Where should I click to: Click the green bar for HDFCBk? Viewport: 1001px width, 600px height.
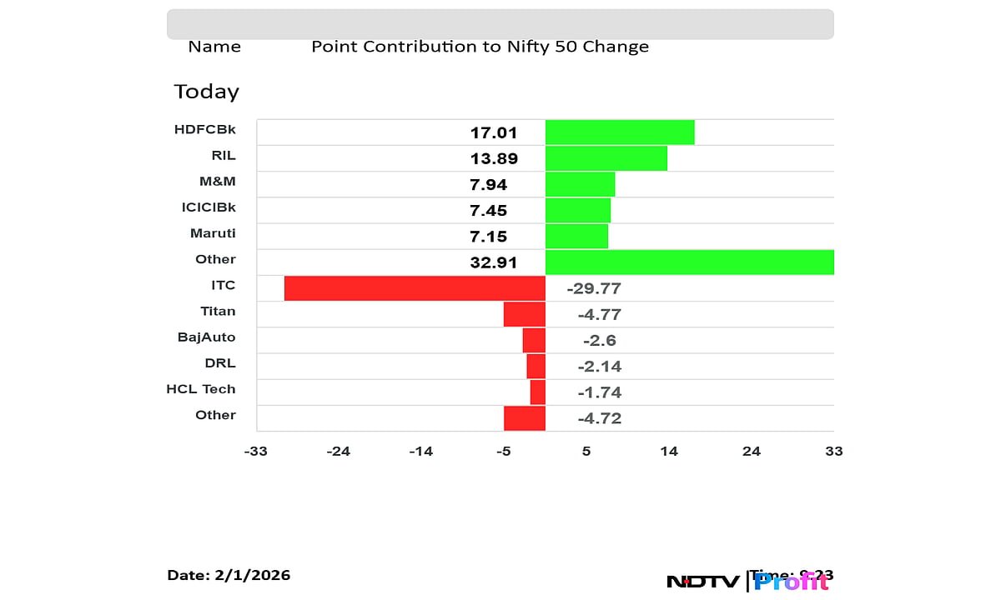pos(620,132)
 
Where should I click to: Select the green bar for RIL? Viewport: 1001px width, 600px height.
pos(606,158)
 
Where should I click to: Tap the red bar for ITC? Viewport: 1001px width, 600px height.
pos(415,288)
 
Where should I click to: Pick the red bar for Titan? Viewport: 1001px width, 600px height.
pos(525,314)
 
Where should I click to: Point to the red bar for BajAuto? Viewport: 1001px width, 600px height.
pos(534,340)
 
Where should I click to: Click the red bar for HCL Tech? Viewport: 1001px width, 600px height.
pos(537,392)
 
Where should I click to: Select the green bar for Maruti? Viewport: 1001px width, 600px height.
pos(576,236)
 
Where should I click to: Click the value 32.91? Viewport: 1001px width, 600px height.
pos(494,262)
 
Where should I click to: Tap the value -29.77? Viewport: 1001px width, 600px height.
pos(594,289)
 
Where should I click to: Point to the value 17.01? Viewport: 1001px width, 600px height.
pos(494,132)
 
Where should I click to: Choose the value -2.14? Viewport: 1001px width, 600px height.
pos(600,367)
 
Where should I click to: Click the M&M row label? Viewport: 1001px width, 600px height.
pos(219,182)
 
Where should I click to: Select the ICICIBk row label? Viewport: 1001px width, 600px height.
pos(203,207)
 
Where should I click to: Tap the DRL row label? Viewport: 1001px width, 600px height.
pos(220,363)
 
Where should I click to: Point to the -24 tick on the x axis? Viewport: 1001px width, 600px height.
pos(338,452)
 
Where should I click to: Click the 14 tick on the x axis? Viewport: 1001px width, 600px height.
pos(669,452)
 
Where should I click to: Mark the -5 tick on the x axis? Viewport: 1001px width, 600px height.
pos(503,452)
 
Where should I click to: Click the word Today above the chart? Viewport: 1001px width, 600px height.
pos(206,92)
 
